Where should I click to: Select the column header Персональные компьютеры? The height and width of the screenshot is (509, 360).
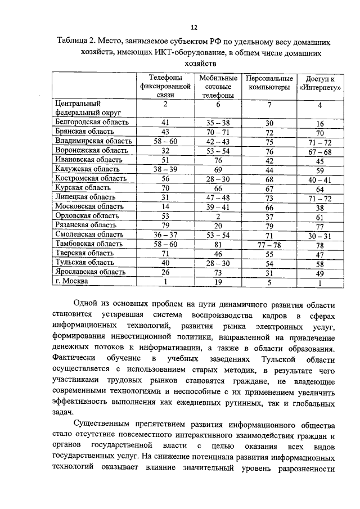(x=269, y=83)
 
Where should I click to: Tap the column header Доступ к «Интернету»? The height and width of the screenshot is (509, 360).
(x=319, y=83)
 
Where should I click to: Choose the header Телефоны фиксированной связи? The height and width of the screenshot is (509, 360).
(x=165, y=87)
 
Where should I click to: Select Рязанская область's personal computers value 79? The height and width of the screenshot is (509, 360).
(x=269, y=225)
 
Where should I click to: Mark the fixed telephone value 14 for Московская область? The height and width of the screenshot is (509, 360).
(x=165, y=206)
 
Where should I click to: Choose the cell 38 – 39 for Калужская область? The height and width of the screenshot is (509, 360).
(x=165, y=169)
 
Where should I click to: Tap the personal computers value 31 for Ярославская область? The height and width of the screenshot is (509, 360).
(x=269, y=273)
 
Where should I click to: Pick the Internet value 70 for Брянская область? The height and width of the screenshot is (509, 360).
(x=319, y=132)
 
